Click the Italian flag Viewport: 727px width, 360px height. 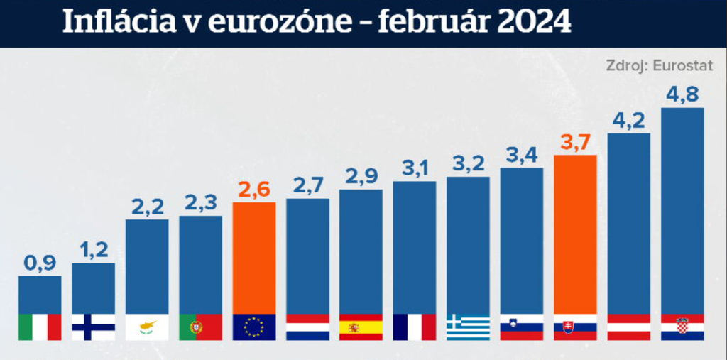tap(40, 327)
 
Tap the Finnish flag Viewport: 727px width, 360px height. tap(93, 327)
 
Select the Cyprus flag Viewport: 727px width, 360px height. tap(147, 327)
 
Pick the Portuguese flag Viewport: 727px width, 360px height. tap(200, 327)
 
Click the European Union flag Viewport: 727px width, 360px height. tap(254, 327)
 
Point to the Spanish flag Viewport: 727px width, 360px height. tap(361, 327)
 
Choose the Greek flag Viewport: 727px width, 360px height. tap(468, 327)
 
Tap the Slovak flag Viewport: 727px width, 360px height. tap(575, 327)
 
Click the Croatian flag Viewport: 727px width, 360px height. tap(682, 327)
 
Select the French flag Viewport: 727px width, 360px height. tap(415, 327)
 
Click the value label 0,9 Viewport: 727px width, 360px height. tap(40, 263)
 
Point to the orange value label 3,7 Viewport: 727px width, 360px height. tap(575, 142)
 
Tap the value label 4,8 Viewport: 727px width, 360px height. tap(682, 94)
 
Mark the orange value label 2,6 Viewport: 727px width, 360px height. tap(254, 190)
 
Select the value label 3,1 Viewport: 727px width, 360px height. tap(415, 168)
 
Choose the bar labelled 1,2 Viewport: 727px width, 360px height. tap(93, 288)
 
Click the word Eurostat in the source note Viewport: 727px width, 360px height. tap(683, 65)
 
